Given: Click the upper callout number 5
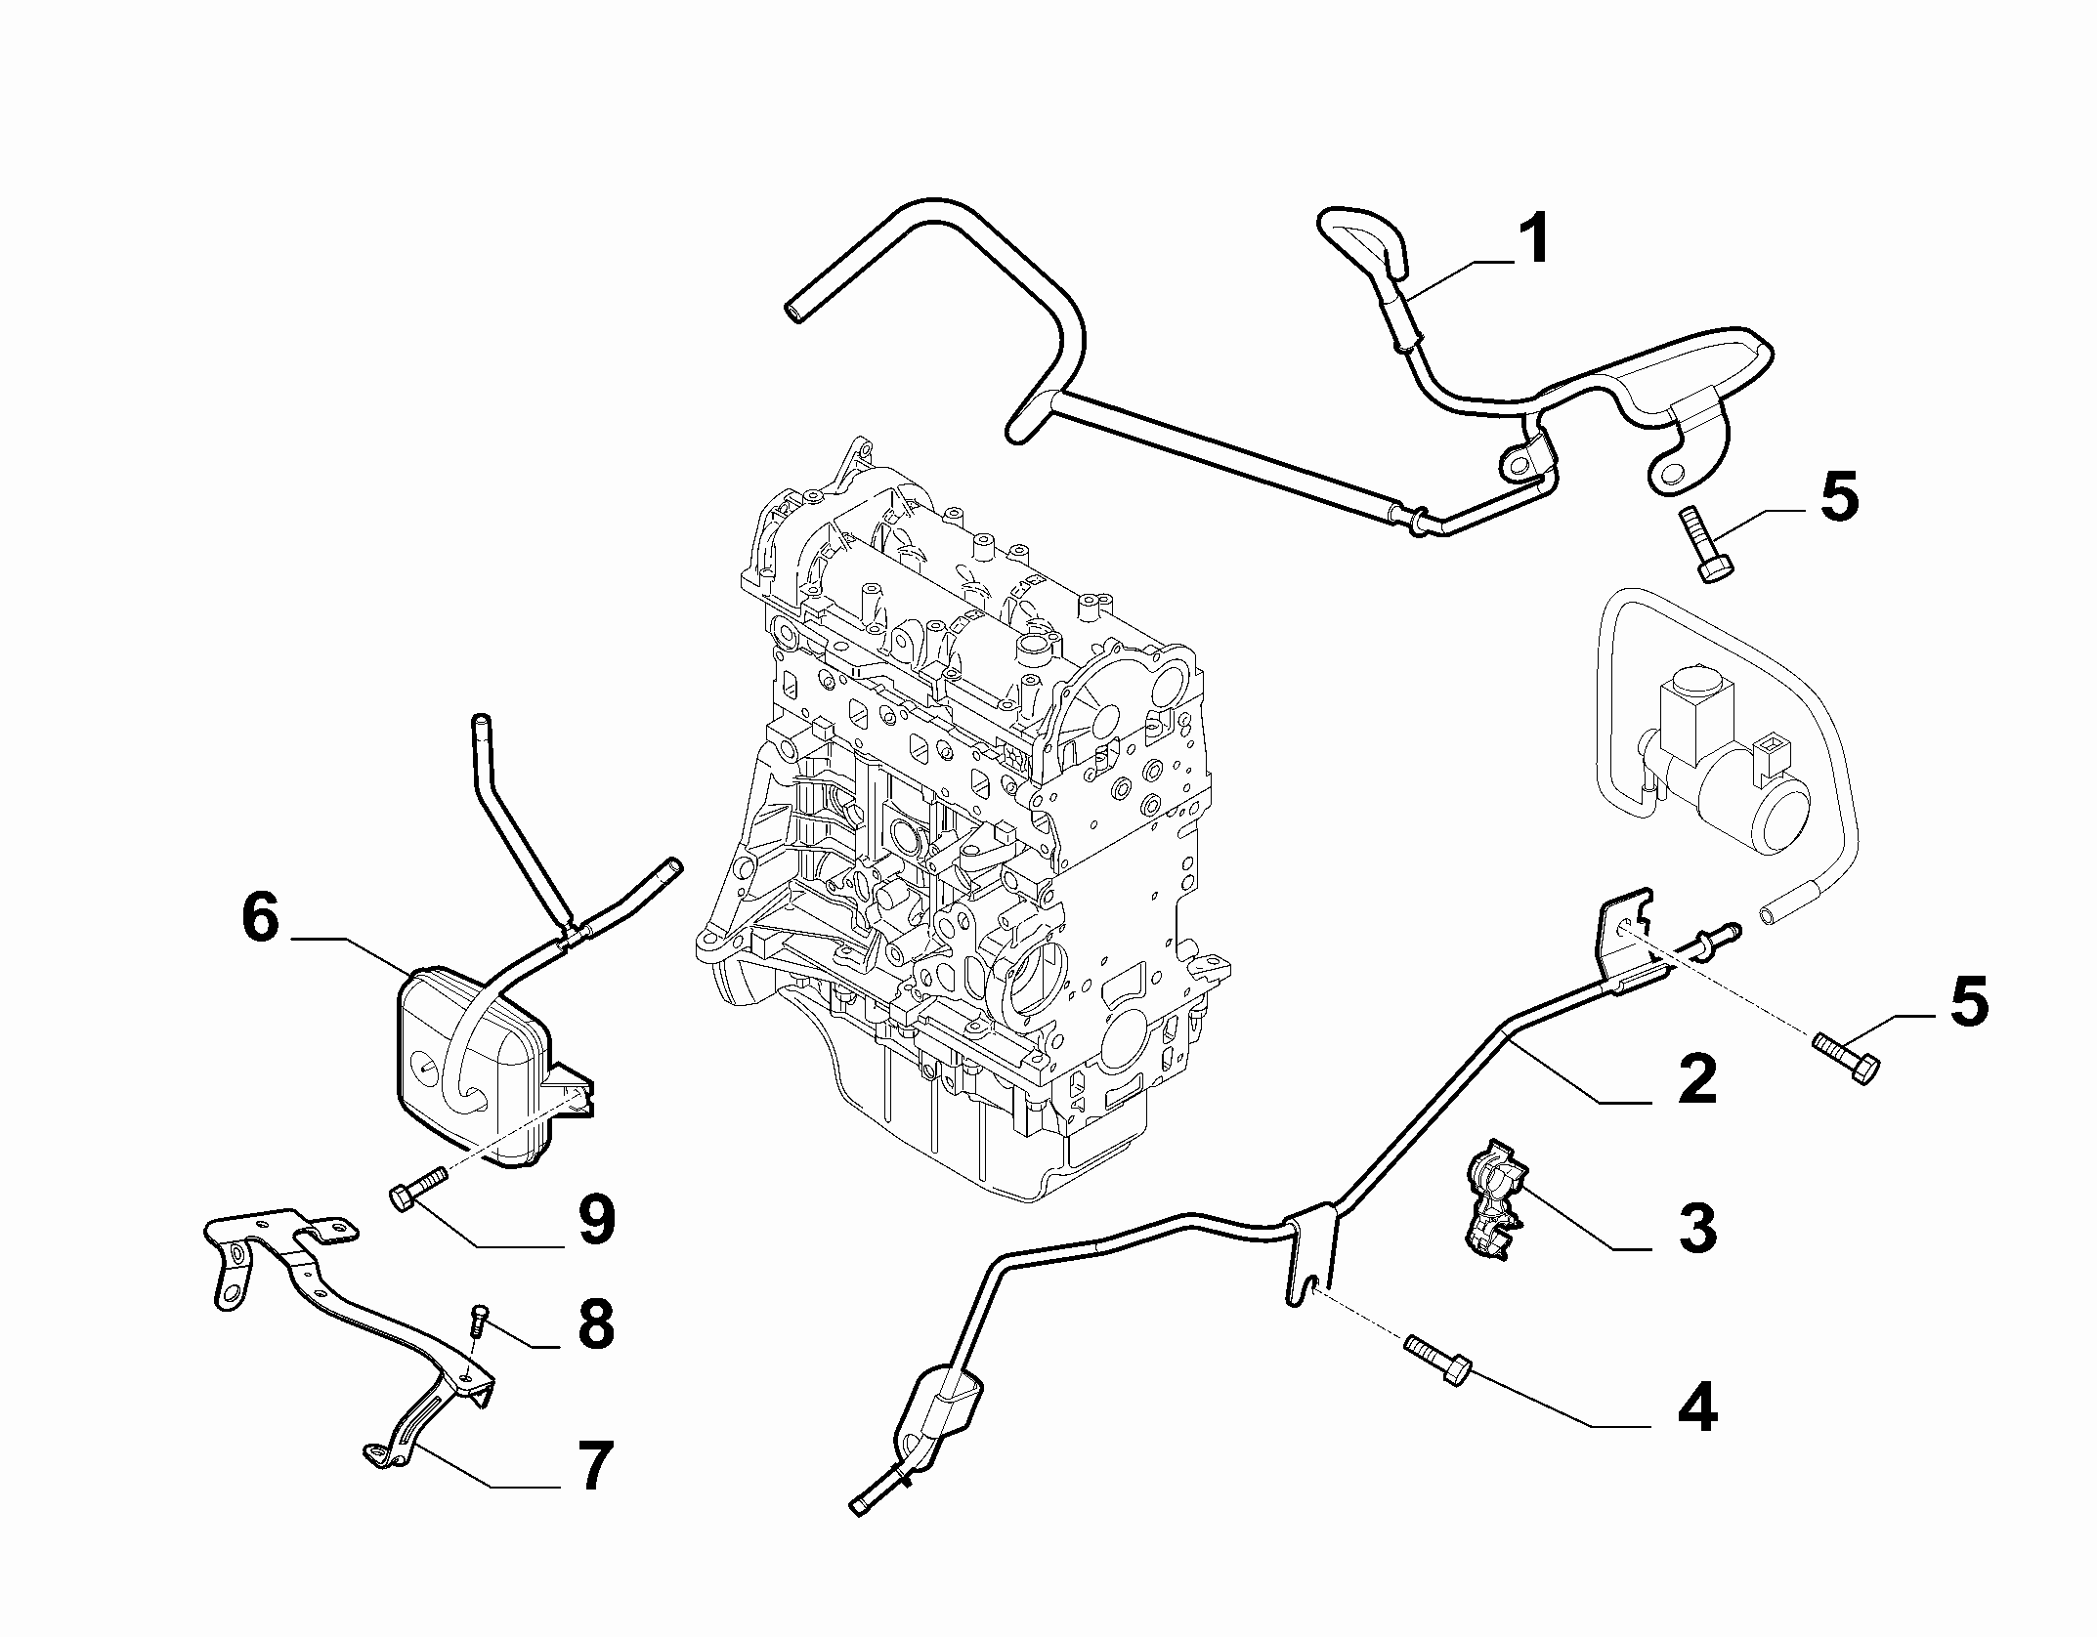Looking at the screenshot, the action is (x=1837, y=496).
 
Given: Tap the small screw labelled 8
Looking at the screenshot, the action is (x=479, y=1320).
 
